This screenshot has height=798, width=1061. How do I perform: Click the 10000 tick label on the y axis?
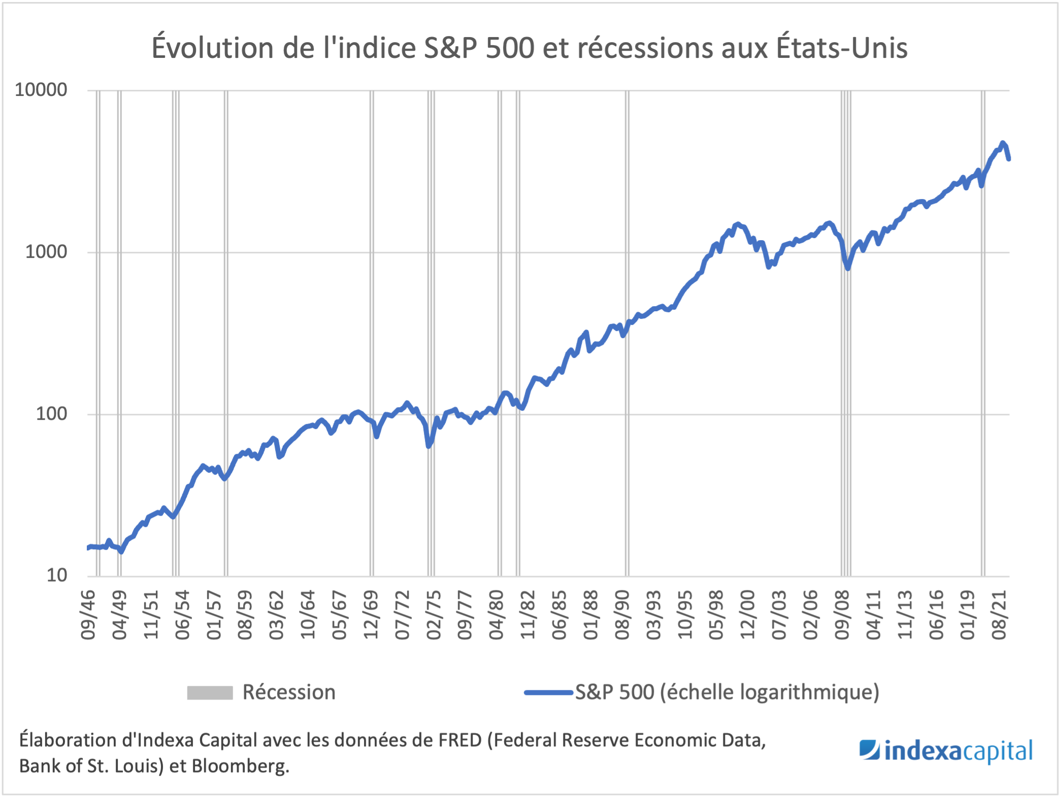pyautogui.click(x=41, y=90)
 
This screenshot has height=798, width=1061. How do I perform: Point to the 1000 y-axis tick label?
pyautogui.click(x=46, y=252)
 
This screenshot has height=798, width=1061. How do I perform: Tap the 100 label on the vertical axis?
pyautogui.click(x=51, y=414)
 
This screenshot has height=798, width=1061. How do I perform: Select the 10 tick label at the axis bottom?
pyautogui.click(x=56, y=576)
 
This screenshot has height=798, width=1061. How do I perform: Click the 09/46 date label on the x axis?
pyautogui.click(x=88, y=615)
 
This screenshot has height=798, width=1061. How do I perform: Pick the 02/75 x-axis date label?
pyautogui.click(x=434, y=615)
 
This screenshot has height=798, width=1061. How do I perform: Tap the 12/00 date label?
pyautogui.click(x=748, y=615)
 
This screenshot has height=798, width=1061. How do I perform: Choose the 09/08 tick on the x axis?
pyautogui.click(x=842, y=615)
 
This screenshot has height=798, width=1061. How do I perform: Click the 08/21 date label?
pyautogui.click(x=999, y=615)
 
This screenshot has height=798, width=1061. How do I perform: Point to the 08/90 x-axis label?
pyautogui.click(x=622, y=615)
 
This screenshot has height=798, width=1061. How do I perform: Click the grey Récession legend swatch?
pyautogui.click(x=210, y=693)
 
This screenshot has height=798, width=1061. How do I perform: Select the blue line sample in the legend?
pyautogui.click(x=548, y=692)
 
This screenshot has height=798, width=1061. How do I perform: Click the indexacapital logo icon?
pyautogui.click(x=870, y=750)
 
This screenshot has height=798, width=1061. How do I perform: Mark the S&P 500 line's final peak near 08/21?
pyautogui.click(x=1002, y=143)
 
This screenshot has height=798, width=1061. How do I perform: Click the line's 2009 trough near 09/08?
pyautogui.click(x=848, y=268)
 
